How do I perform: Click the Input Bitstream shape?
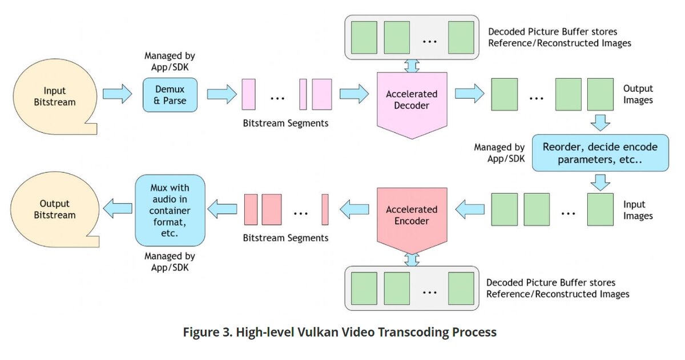point(55,96)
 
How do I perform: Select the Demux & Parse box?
point(170,95)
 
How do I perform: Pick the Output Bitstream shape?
point(55,209)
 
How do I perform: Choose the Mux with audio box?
point(170,211)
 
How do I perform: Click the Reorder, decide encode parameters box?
point(601,153)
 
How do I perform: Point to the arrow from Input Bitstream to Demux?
point(118,94)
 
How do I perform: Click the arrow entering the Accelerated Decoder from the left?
point(354,94)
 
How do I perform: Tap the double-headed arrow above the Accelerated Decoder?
point(412,66)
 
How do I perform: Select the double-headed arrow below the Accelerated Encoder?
point(412,260)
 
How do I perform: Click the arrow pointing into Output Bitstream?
point(118,209)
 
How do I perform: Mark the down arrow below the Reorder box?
point(601,183)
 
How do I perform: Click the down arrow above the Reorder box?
point(601,123)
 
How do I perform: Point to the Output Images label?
point(638,94)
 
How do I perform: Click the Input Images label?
point(638,210)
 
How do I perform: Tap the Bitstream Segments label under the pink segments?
point(285,123)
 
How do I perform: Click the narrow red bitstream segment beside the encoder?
point(325,209)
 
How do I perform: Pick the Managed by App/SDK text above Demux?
point(170,62)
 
